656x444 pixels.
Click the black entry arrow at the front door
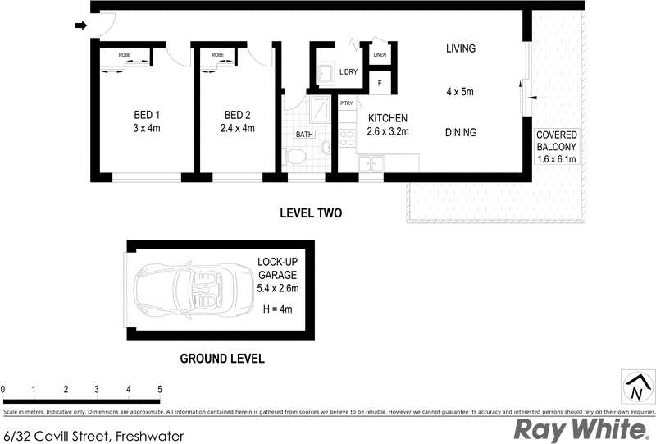pos(80,25)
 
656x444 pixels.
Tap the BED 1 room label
pos(147,115)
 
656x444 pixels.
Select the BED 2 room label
pos(238,115)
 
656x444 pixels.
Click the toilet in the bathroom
pos(297,157)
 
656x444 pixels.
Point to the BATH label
pos(304,135)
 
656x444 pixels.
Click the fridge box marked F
pos(380,83)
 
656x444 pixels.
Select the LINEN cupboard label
pos(380,55)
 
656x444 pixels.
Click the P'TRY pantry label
pos(347,103)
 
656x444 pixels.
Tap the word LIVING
pos(461,48)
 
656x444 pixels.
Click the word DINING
pos(461,132)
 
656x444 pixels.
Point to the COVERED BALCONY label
pos(557,140)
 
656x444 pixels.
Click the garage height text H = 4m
pos(276,309)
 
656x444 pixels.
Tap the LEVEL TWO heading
pos(310,213)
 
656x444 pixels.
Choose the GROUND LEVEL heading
pos(221,359)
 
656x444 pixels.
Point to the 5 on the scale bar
pos(159,388)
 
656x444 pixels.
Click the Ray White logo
pos(577,428)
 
